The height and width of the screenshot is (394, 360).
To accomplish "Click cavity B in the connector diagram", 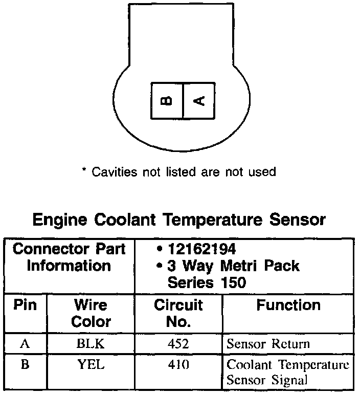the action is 167,101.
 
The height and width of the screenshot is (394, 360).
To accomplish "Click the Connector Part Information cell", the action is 69,258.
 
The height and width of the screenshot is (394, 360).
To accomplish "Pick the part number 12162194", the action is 200,249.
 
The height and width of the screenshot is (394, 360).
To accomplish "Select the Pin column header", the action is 25,305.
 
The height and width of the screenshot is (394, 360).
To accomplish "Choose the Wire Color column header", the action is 91,313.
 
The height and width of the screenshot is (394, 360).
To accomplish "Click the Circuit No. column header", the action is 178,313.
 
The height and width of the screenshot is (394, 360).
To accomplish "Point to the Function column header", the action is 288,305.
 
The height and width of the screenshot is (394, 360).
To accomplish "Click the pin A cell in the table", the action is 25,343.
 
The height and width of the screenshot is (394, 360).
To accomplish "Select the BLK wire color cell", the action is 91,344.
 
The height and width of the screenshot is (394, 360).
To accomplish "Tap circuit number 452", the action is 178,344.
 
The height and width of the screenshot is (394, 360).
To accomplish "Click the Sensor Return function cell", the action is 268,344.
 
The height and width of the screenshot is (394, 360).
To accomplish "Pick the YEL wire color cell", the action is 91,365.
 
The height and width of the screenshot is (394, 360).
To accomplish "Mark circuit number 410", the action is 178,365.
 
